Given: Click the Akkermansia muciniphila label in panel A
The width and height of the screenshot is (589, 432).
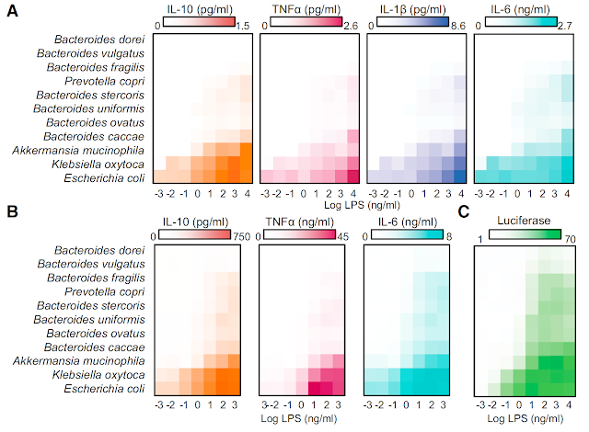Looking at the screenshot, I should point(83,150).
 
